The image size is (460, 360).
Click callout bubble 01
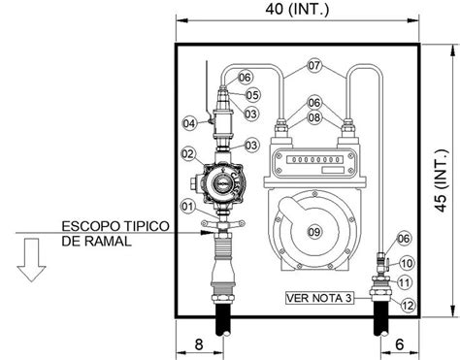[187, 205]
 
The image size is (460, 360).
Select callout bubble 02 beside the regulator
[187, 154]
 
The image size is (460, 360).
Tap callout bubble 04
[189, 123]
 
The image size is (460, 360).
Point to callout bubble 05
[251, 95]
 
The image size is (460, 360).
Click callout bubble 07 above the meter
[314, 66]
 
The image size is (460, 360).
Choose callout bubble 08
[314, 116]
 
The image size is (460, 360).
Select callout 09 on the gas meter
[313, 230]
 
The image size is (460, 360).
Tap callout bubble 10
[407, 263]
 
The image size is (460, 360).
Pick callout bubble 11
[407, 282]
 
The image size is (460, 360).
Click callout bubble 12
[407, 304]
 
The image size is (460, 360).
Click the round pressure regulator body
[223, 181]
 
